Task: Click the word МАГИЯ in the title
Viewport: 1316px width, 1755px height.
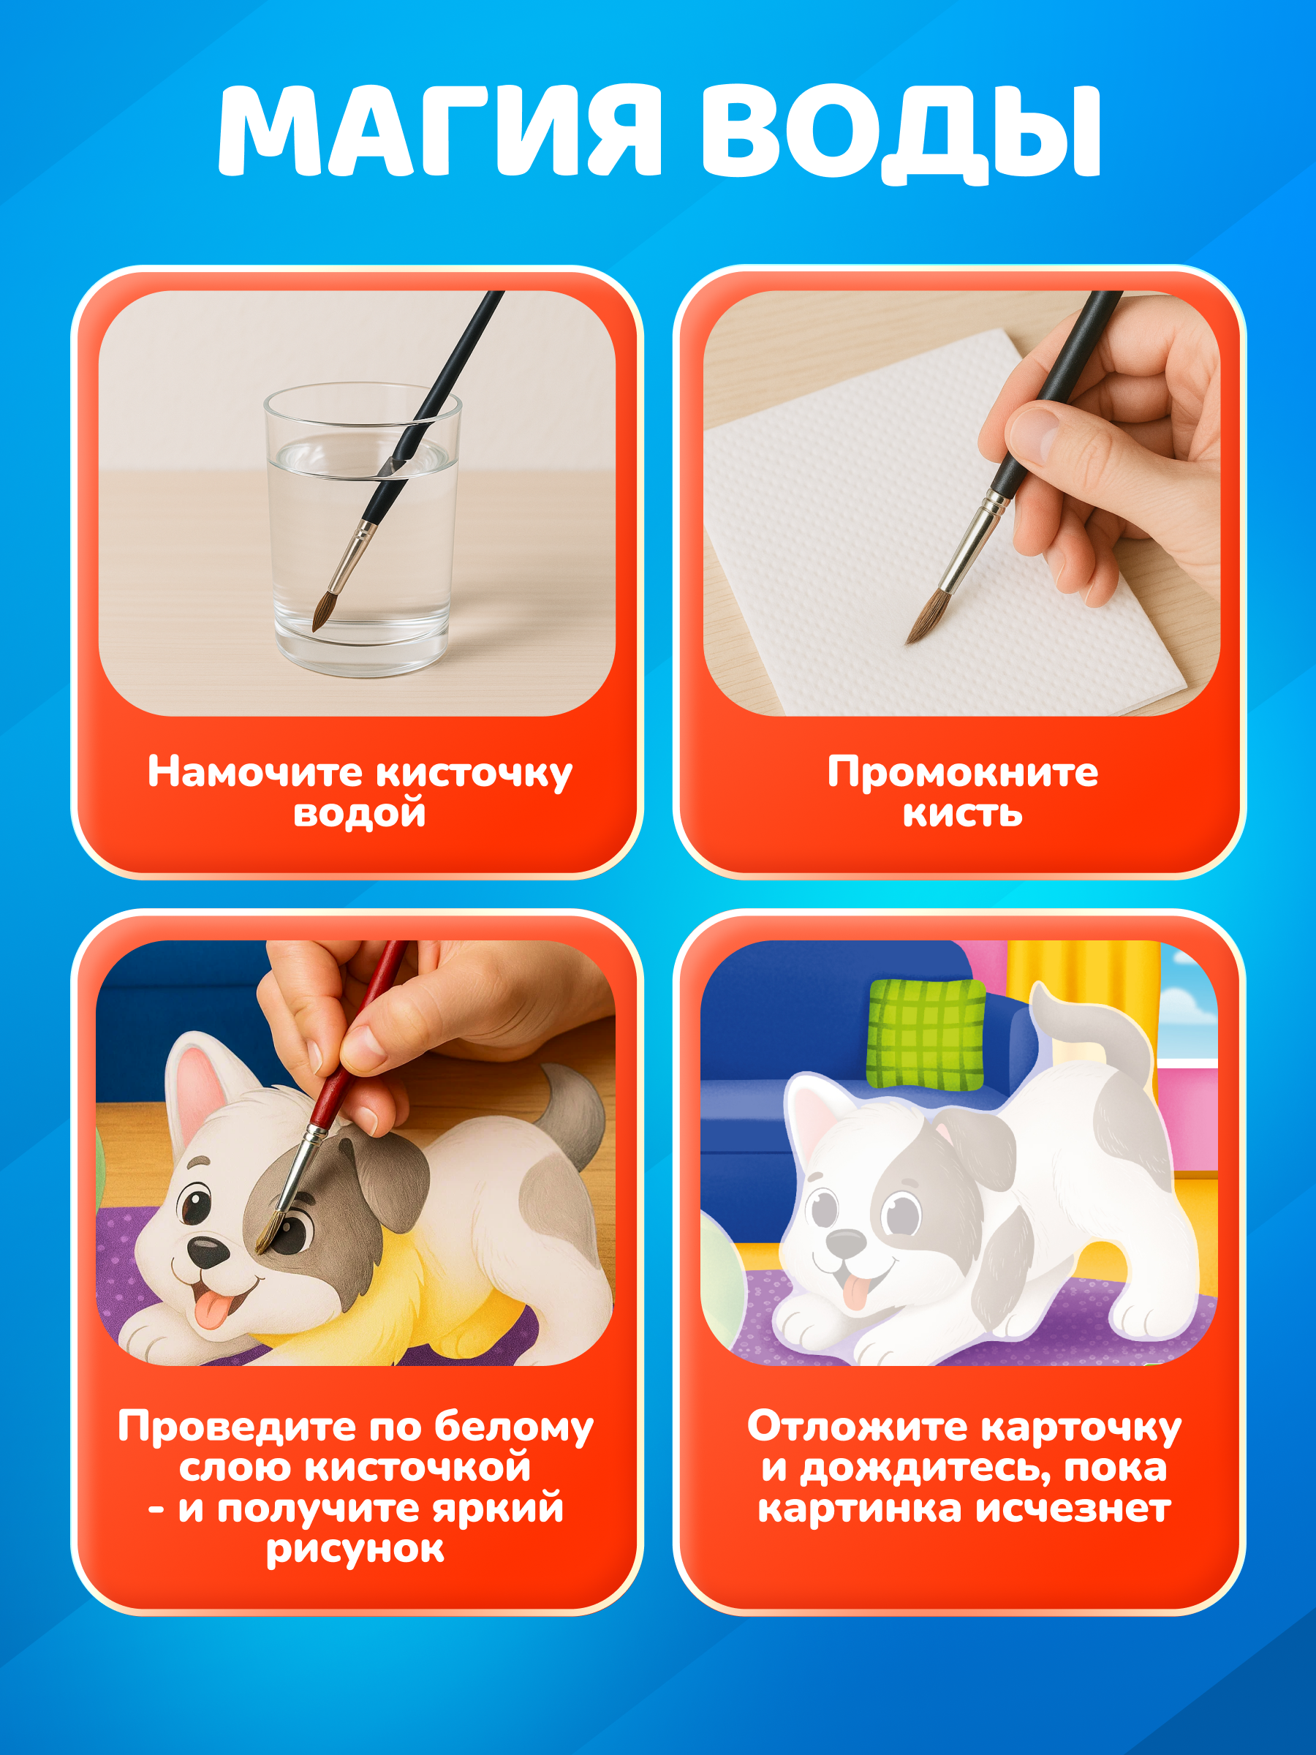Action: click(x=439, y=130)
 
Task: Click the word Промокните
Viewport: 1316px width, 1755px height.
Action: click(x=963, y=771)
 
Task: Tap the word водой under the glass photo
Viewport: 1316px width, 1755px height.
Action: click(x=360, y=812)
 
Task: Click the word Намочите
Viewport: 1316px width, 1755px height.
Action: click(x=254, y=771)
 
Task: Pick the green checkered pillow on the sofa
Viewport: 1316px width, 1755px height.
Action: click(x=926, y=1033)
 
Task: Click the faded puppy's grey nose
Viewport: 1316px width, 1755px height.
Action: click(x=846, y=1242)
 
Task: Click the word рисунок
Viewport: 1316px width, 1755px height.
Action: click(x=355, y=1548)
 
